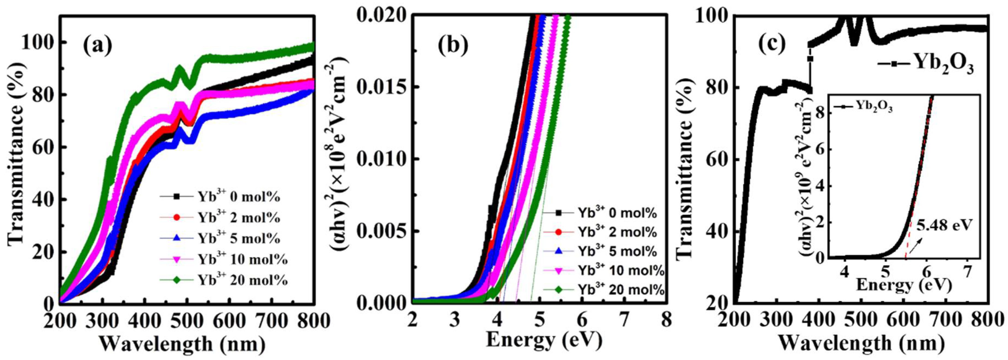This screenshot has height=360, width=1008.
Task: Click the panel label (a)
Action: coord(98,46)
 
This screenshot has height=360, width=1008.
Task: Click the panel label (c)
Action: coord(772,46)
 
